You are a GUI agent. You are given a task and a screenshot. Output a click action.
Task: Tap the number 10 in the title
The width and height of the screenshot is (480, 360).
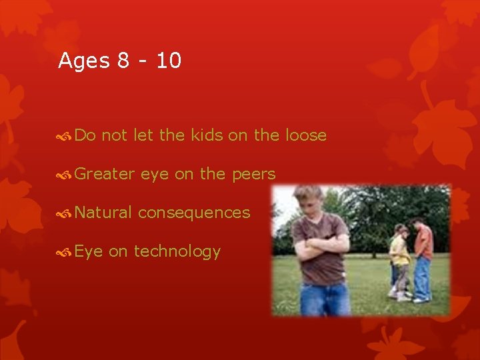(x=169, y=61)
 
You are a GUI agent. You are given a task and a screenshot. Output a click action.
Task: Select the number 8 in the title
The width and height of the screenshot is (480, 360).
(x=123, y=61)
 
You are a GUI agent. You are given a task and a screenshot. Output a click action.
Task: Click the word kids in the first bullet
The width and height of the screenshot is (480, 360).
(x=207, y=135)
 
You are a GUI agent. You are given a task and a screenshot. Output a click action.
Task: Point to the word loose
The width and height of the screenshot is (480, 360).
(x=305, y=135)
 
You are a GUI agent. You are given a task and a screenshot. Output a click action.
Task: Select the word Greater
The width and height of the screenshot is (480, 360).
(x=105, y=174)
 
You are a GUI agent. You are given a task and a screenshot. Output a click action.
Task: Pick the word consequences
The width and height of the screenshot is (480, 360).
(x=194, y=213)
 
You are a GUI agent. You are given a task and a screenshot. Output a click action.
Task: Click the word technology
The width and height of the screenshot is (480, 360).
(x=177, y=251)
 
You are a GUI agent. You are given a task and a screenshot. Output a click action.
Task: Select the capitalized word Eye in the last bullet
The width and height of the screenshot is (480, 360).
(x=89, y=251)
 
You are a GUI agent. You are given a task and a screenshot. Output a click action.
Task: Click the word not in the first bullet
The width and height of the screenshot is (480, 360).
(x=115, y=135)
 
